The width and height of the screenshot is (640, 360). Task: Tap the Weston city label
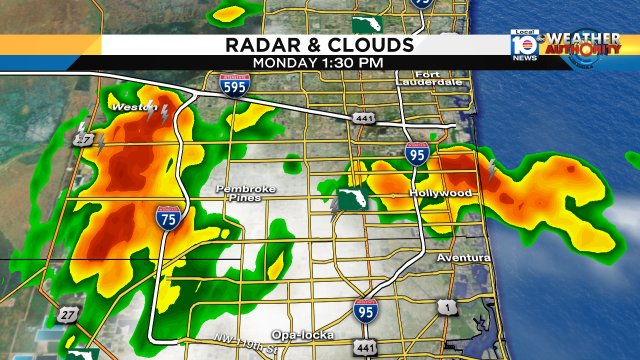coord(129,106)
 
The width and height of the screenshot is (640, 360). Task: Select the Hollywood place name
coord(440,192)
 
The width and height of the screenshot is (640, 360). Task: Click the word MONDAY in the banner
coord(283,62)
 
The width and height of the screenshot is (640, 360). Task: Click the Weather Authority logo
coord(579,46)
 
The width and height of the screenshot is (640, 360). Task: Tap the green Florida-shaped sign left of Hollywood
coord(352,198)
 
